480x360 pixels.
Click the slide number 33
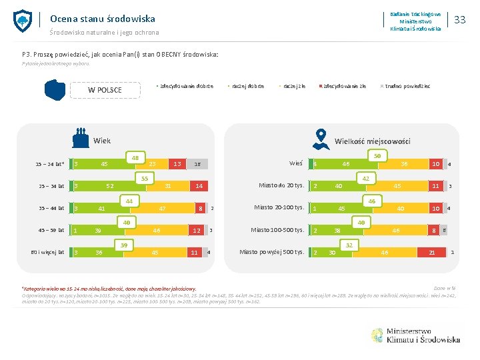[x=459, y=20]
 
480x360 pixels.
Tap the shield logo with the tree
[x=23, y=21]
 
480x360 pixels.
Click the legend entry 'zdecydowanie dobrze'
[x=185, y=86]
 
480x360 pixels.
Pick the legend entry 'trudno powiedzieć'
[x=407, y=86]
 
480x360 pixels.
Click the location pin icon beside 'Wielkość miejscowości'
[x=321, y=138]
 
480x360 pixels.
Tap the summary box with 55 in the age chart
[x=144, y=179]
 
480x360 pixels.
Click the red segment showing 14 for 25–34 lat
[x=199, y=186]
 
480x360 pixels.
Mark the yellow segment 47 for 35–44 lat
[x=161, y=208]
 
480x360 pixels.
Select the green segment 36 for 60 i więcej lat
[x=99, y=252]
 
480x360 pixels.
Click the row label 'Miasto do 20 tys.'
[x=281, y=185]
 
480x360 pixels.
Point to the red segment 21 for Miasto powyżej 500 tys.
[x=433, y=252]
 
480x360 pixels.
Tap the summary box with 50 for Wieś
[x=377, y=156]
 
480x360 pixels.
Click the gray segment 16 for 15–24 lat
[x=197, y=164]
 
